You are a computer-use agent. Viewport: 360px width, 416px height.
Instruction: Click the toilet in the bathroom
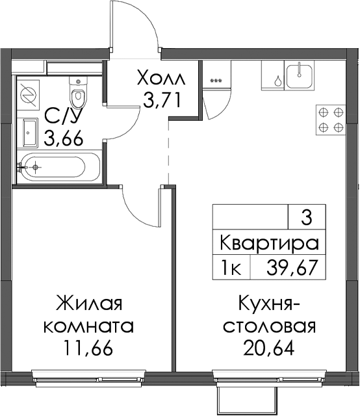[x=78, y=92]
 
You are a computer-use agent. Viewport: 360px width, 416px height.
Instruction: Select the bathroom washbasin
[x=31, y=132]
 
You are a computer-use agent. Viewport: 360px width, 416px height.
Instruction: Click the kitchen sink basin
[x=299, y=75]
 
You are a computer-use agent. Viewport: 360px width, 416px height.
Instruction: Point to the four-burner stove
[x=330, y=120]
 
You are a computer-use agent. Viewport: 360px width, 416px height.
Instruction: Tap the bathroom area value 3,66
[x=64, y=138]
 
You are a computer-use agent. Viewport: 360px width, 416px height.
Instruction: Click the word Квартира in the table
[x=269, y=243]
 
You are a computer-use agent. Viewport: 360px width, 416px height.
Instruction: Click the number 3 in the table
[x=307, y=217]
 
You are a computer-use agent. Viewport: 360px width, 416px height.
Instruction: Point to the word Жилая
[x=89, y=303]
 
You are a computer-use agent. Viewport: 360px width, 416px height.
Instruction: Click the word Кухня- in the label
[x=268, y=303]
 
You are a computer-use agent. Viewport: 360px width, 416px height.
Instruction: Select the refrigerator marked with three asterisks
[x=216, y=75]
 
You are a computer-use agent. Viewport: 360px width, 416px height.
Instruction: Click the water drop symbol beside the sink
[x=278, y=81]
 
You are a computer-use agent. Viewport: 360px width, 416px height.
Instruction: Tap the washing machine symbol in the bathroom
[x=28, y=95]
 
